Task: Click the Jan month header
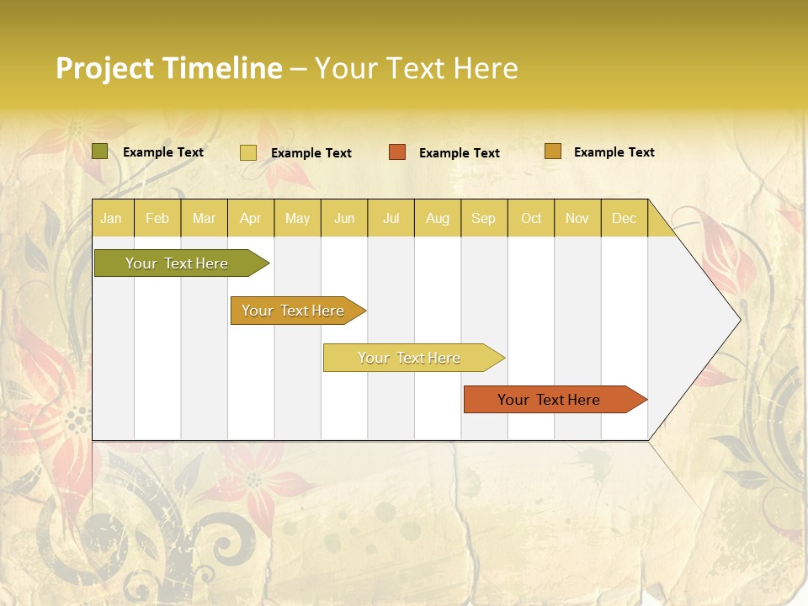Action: (x=111, y=218)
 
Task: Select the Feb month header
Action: (x=157, y=218)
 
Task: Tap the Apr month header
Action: (x=250, y=218)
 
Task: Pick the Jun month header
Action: (x=344, y=218)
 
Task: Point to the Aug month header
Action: (x=438, y=218)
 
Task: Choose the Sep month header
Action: (x=483, y=218)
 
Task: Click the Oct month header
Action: (x=531, y=218)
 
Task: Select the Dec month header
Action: (x=624, y=218)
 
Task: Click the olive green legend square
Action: (x=99, y=151)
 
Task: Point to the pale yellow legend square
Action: (x=248, y=152)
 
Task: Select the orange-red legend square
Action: (x=397, y=152)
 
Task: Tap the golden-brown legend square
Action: (x=553, y=151)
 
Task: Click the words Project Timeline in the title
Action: (x=168, y=68)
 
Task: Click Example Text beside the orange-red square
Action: (x=460, y=153)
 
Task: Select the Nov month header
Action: (x=577, y=218)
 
